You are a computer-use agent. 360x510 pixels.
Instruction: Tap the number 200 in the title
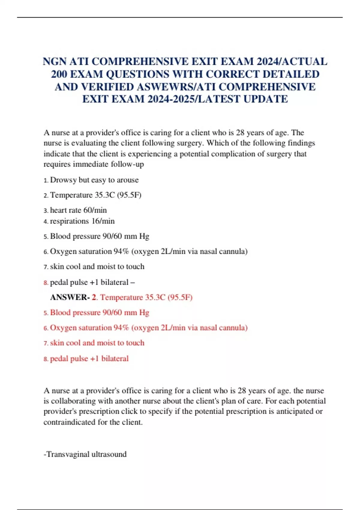click(x=59, y=74)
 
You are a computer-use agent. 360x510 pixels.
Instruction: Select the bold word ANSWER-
click(x=70, y=297)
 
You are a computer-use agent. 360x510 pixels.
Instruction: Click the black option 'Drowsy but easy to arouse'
click(x=94, y=180)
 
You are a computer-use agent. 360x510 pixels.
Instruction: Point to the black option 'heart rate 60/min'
click(x=78, y=210)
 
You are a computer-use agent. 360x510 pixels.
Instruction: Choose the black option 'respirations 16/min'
click(x=82, y=221)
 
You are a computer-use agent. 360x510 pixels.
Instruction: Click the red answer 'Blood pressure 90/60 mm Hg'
click(x=99, y=313)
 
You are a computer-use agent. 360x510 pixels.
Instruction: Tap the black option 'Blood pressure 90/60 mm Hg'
click(x=99, y=236)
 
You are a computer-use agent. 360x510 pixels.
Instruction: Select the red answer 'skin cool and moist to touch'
click(x=97, y=343)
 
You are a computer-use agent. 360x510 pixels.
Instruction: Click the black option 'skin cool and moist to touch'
click(x=97, y=267)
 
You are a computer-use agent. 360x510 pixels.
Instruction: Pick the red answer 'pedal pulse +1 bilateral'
click(x=89, y=358)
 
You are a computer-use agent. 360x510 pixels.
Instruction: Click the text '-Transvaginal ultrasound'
click(x=85, y=454)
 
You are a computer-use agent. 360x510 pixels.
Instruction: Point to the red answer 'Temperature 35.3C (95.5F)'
click(x=146, y=297)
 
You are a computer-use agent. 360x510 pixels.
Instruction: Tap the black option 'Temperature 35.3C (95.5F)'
click(x=95, y=195)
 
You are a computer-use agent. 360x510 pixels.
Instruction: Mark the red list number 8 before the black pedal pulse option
click(x=46, y=283)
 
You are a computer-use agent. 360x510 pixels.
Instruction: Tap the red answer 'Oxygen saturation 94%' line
click(x=148, y=328)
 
